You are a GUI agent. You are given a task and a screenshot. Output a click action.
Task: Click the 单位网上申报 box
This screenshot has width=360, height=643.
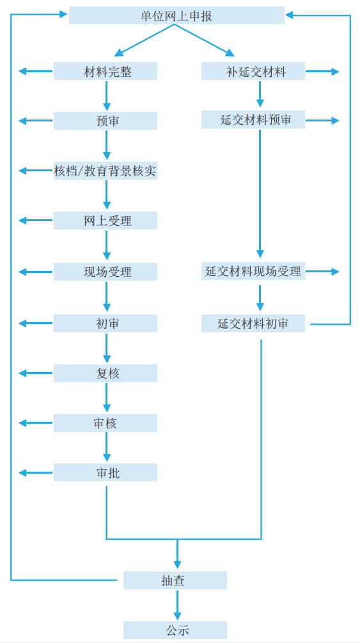[176, 15]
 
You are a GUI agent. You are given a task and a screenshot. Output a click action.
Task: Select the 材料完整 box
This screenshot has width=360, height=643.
[106, 71]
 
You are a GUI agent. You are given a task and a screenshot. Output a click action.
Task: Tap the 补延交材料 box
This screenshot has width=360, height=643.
[253, 71]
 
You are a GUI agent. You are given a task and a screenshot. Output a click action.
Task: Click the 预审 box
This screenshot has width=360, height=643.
[106, 121]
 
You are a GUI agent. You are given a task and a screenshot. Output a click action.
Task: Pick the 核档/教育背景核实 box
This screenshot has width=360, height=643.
[106, 171]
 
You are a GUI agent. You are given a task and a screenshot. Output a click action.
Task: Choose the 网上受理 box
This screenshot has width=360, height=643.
[106, 221]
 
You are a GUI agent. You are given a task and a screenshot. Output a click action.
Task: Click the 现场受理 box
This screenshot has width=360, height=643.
[106, 272]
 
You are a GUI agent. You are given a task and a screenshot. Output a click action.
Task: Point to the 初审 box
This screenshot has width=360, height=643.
[106, 323]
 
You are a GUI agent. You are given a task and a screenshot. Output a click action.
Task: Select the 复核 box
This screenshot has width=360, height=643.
[106, 373]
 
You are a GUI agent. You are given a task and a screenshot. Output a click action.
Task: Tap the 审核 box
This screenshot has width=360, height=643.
[106, 422]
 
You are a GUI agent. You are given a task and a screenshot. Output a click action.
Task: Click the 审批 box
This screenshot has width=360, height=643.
[106, 472]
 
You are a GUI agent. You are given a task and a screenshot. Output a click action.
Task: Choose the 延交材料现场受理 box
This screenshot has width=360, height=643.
[253, 271]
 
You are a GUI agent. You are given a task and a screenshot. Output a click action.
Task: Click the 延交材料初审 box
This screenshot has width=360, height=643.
[253, 323]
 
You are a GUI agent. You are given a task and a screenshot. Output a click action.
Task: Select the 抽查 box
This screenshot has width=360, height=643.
[175, 580]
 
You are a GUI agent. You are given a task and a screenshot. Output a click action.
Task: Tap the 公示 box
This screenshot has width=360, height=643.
[175, 630]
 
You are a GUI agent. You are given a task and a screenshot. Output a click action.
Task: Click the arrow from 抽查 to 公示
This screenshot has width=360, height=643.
[177, 605]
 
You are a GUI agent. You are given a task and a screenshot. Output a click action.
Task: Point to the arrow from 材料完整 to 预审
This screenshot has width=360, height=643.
[107, 96]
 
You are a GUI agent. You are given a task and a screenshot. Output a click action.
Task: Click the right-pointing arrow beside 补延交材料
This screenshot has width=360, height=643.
[323, 72]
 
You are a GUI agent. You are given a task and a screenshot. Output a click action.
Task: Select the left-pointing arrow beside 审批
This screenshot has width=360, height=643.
[36, 473]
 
